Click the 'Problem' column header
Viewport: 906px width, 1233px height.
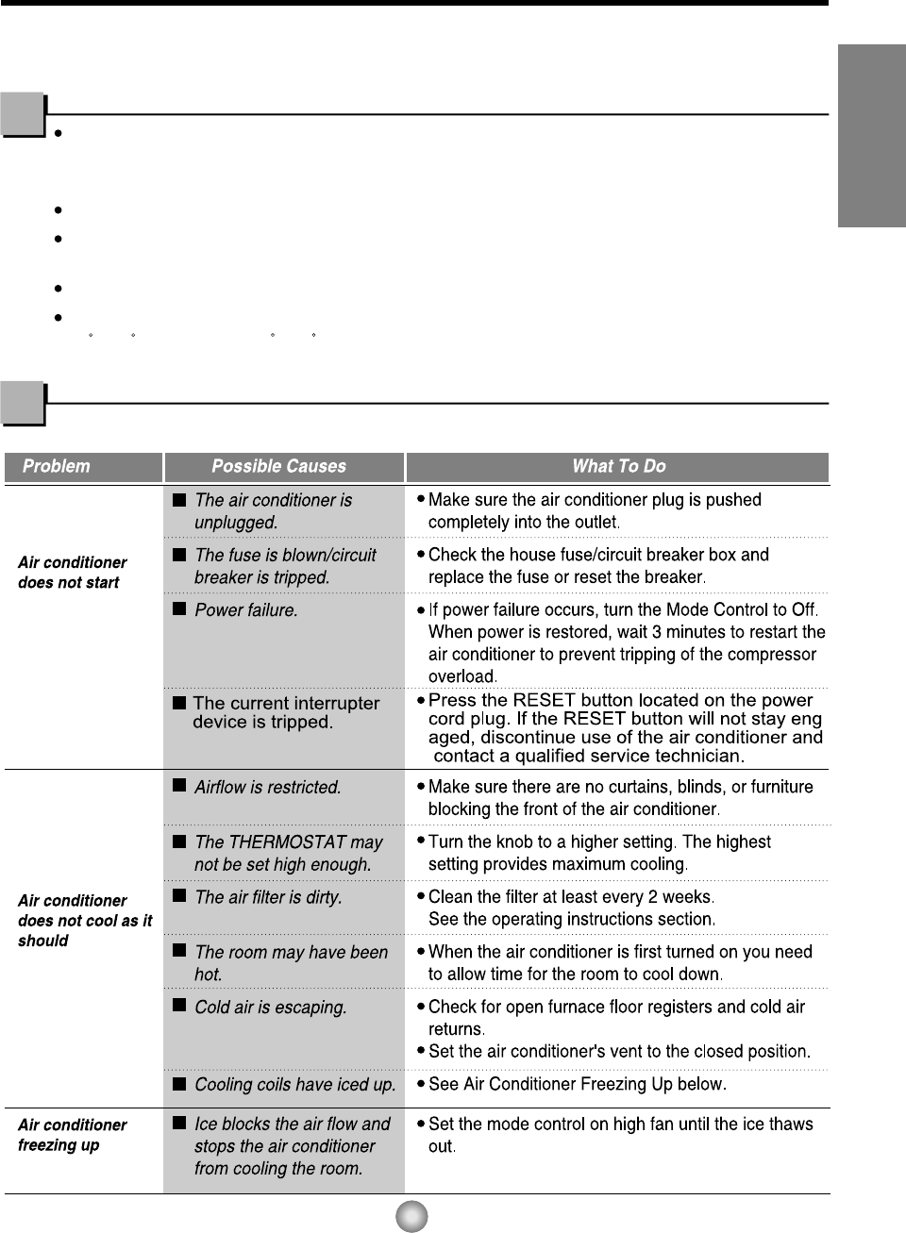57,466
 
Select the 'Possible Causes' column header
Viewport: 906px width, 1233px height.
278,466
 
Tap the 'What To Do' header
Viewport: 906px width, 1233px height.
618,466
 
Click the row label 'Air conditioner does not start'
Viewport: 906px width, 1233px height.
72,573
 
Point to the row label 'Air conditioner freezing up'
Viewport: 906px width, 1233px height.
72,1135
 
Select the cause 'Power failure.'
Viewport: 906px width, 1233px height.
245,610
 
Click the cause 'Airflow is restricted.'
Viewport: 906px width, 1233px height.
267,787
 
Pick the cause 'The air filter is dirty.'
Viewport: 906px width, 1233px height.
268,897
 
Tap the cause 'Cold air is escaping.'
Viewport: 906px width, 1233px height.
270,1008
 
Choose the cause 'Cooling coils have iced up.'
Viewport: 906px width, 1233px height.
294,1085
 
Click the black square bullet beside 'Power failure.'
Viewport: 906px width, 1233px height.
179,608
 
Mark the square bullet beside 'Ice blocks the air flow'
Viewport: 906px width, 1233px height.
179,1123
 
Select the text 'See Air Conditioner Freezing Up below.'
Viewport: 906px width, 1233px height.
577,1084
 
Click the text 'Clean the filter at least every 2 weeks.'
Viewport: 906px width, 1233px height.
571,896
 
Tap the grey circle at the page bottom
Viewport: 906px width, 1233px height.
411,1216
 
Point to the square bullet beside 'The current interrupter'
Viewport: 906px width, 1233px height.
179,703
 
